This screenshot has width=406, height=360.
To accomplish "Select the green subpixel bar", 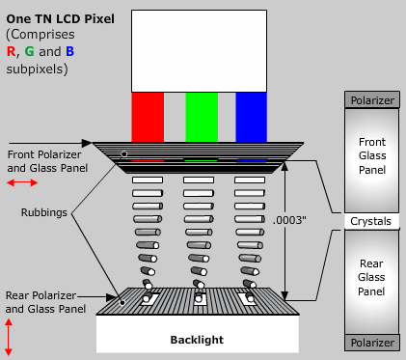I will [x=201, y=116].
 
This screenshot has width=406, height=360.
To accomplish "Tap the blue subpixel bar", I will [x=251, y=116].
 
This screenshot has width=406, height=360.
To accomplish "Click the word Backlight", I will [x=197, y=340].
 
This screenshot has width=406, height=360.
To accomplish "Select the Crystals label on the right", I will [x=370, y=221].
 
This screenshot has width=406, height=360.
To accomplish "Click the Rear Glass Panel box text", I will [x=370, y=278].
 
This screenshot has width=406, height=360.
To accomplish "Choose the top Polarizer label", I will [x=370, y=98].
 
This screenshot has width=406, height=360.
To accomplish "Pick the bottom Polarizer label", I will [x=370, y=343].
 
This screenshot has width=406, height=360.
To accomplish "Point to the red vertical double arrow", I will [x=10, y=337].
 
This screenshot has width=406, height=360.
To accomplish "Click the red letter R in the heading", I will [x=11, y=50].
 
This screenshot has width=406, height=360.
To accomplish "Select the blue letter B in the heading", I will [x=70, y=50].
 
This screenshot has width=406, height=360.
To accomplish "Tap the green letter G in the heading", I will [x=29, y=50].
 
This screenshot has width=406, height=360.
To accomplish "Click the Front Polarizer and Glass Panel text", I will [x=45, y=160].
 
